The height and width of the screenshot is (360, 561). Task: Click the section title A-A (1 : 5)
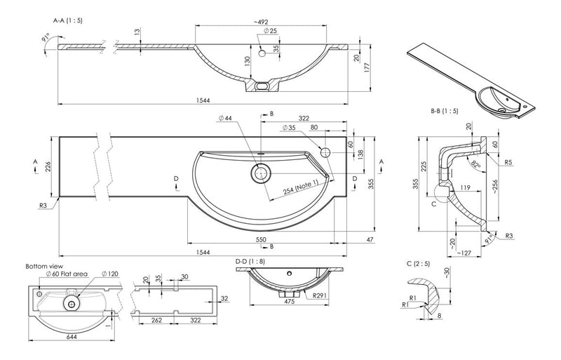(x=68, y=21)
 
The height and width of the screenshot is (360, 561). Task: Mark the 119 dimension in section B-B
(x=464, y=188)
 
